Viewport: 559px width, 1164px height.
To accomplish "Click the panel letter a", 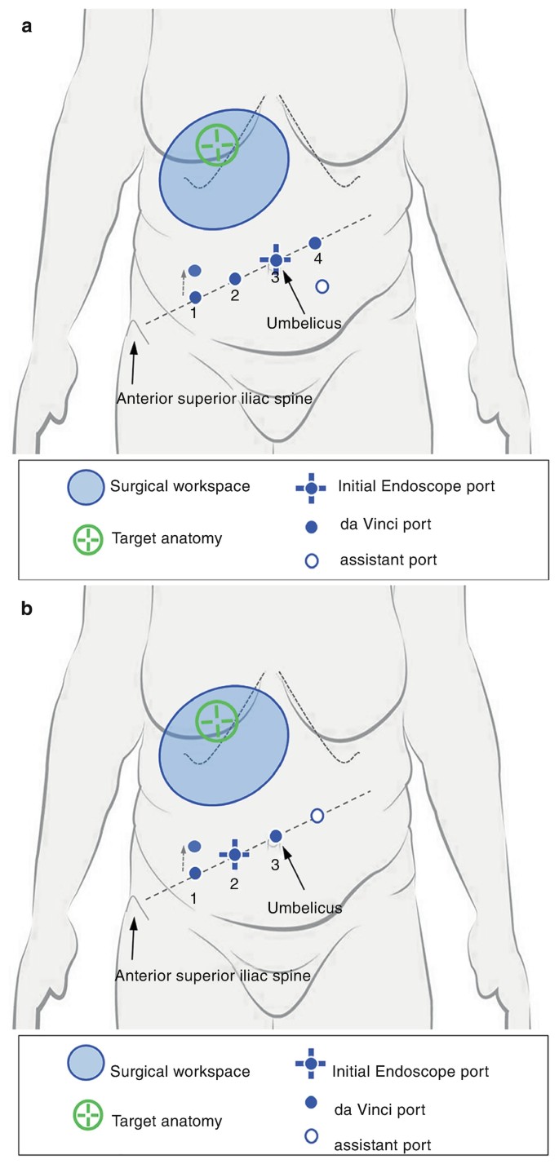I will [28, 26].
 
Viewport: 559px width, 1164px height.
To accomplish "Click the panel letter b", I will [28, 608].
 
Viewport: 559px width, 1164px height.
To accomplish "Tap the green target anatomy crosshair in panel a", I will [217, 145].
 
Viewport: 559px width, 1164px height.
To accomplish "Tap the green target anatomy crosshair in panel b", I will [217, 721].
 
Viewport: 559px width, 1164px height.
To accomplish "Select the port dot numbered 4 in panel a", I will [315, 243].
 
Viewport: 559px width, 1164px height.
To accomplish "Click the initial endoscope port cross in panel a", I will [276, 259].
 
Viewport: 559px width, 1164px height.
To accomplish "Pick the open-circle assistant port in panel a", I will [322, 286].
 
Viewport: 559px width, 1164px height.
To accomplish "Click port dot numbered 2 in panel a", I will [235, 279].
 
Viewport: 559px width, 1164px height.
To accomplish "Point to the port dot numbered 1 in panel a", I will [195, 298].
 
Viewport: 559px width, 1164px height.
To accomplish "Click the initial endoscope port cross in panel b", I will [234, 854].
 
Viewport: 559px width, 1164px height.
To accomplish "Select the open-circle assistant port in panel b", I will [317, 815].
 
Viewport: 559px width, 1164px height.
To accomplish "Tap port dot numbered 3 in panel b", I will [276, 834].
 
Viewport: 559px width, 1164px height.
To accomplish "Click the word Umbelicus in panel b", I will [304, 906].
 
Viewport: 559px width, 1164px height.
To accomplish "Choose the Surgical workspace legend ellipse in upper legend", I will [86, 487].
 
